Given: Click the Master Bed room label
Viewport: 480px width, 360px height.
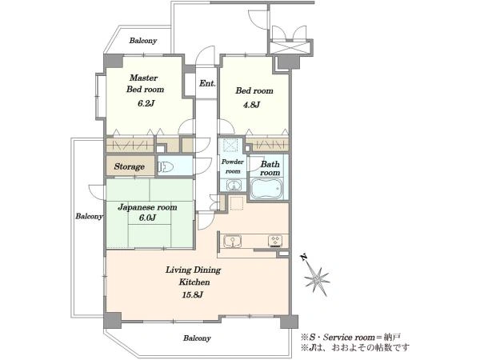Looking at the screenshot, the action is tap(146, 83).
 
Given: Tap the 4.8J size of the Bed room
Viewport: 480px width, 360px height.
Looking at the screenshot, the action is tap(252, 105).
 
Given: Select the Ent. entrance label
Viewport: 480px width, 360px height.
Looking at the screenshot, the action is tap(207, 83).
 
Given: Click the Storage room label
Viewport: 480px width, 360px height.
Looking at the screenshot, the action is tap(129, 166).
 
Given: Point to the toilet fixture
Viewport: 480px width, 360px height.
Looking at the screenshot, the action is tap(166, 167).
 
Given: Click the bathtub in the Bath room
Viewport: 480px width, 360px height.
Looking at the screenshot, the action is tap(266, 189).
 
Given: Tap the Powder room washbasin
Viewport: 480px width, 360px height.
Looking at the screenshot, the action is tap(234, 186).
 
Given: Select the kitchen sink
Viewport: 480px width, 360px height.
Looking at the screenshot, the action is tap(232, 241).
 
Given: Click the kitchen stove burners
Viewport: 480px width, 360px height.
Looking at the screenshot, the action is tap(275, 241).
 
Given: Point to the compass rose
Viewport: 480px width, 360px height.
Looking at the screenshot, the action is tap(317, 278).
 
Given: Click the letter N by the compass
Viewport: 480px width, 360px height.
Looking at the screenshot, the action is tap(304, 257).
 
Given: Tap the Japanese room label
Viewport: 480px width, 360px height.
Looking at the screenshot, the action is tap(147, 207).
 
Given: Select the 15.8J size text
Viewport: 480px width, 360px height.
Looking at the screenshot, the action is tap(192, 294).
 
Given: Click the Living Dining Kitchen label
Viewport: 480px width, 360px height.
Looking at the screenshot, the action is tap(194, 276).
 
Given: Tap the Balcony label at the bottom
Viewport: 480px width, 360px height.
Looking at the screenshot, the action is tap(197, 338).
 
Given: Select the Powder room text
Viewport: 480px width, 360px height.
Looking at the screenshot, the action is tap(233, 166).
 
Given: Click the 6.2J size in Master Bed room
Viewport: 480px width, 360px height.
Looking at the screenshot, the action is tap(145, 103).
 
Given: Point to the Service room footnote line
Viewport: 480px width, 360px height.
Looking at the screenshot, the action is tap(350, 338).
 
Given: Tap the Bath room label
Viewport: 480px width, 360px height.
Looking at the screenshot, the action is tap(270, 168).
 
